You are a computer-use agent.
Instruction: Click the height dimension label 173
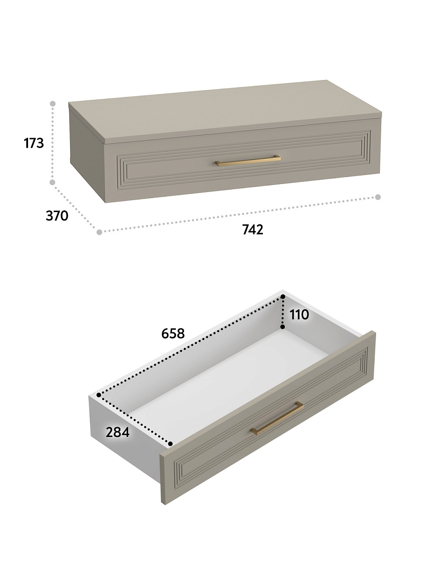click(x=34, y=143)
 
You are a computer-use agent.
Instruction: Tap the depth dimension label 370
click(x=57, y=215)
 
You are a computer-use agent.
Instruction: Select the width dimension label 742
click(x=253, y=229)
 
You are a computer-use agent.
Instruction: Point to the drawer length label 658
click(x=173, y=333)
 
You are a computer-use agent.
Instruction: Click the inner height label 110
click(x=299, y=314)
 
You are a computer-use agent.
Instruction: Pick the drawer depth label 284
click(x=117, y=432)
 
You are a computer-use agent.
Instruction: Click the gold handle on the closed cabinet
click(x=248, y=161)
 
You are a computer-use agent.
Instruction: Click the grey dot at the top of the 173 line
click(x=53, y=104)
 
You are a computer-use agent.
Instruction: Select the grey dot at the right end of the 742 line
click(x=378, y=197)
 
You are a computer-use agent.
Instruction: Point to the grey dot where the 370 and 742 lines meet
click(x=100, y=232)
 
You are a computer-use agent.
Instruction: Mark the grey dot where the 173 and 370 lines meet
click(x=52, y=182)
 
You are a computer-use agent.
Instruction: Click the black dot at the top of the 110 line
click(x=283, y=296)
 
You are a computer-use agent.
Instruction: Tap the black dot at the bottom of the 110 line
click(x=283, y=327)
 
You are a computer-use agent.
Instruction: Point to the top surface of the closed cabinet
click(x=225, y=110)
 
